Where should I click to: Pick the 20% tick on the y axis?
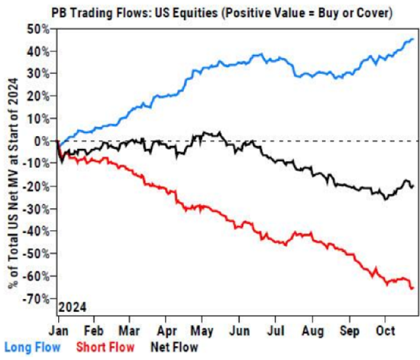[x=39, y=96]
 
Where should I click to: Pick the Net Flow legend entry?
[x=176, y=347]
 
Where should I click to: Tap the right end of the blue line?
[x=413, y=39]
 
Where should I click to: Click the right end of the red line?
[x=413, y=287]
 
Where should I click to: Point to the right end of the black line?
[x=413, y=186]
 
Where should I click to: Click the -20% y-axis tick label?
[x=37, y=187]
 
